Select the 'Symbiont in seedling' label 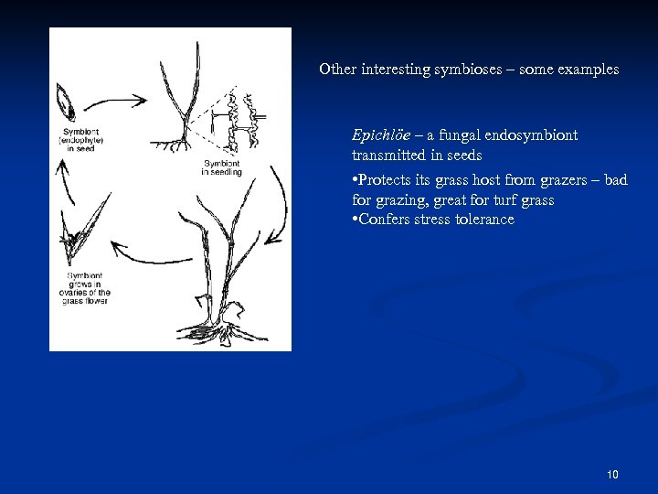[x=222, y=167]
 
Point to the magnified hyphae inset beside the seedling [x=243, y=119]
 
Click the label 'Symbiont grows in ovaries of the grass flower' [x=88, y=289]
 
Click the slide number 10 [x=611, y=475]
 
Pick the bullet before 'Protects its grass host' [x=354, y=180]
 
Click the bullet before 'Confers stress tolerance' [x=354, y=220]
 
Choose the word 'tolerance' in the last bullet [x=484, y=220]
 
